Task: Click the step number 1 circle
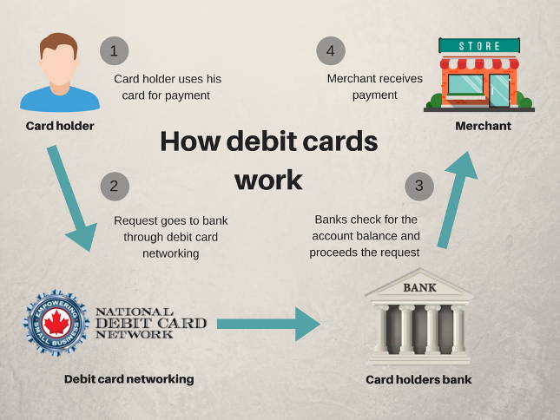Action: pyautogui.click(x=115, y=50)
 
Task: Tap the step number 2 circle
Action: pyautogui.click(x=115, y=186)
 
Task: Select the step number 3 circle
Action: pyautogui.click(x=419, y=185)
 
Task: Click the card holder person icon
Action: pyautogui.click(x=60, y=73)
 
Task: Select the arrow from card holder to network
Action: pyautogui.click(x=73, y=197)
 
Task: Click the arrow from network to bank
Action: pyautogui.click(x=268, y=324)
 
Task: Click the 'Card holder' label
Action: pyautogui.click(x=60, y=127)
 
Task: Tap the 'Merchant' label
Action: pyautogui.click(x=484, y=127)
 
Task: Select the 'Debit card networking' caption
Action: pyautogui.click(x=128, y=379)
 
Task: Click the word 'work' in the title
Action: pyautogui.click(x=268, y=180)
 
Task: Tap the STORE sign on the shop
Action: pyautogui.click(x=478, y=44)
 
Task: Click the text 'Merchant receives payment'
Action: pyautogui.click(x=375, y=87)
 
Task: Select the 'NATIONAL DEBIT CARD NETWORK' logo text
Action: pyautogui.click(x=150, y=324)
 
